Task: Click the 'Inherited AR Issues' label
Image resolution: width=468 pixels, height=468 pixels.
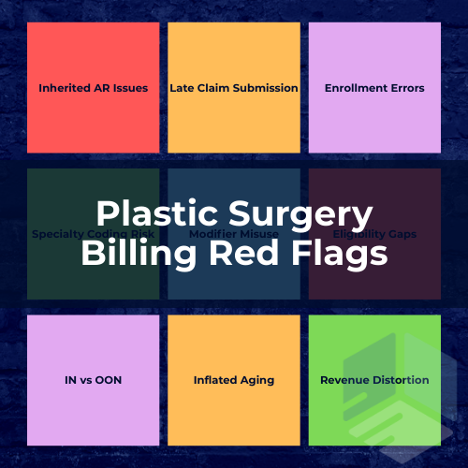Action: coord(94,88)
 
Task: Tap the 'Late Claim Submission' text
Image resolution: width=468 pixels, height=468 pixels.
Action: coord(234,88)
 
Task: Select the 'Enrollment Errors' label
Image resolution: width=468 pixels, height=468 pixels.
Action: coord(374,88)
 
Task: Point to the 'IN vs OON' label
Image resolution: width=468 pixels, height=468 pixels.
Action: coord(94,380)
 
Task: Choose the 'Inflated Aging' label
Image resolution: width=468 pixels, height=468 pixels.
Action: coord(234,380)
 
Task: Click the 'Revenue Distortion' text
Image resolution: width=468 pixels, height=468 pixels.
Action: coord(374,380)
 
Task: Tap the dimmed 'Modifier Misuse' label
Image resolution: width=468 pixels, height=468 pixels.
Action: coord(234,234)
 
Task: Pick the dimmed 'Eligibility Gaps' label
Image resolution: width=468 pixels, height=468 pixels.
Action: coord(374,234)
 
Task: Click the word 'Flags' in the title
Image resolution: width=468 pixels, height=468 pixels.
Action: coord(340,254)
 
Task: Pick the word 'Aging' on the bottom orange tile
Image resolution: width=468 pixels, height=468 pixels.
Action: coord(256,380)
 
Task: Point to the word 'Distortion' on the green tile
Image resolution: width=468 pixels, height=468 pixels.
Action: coord(400,380)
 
